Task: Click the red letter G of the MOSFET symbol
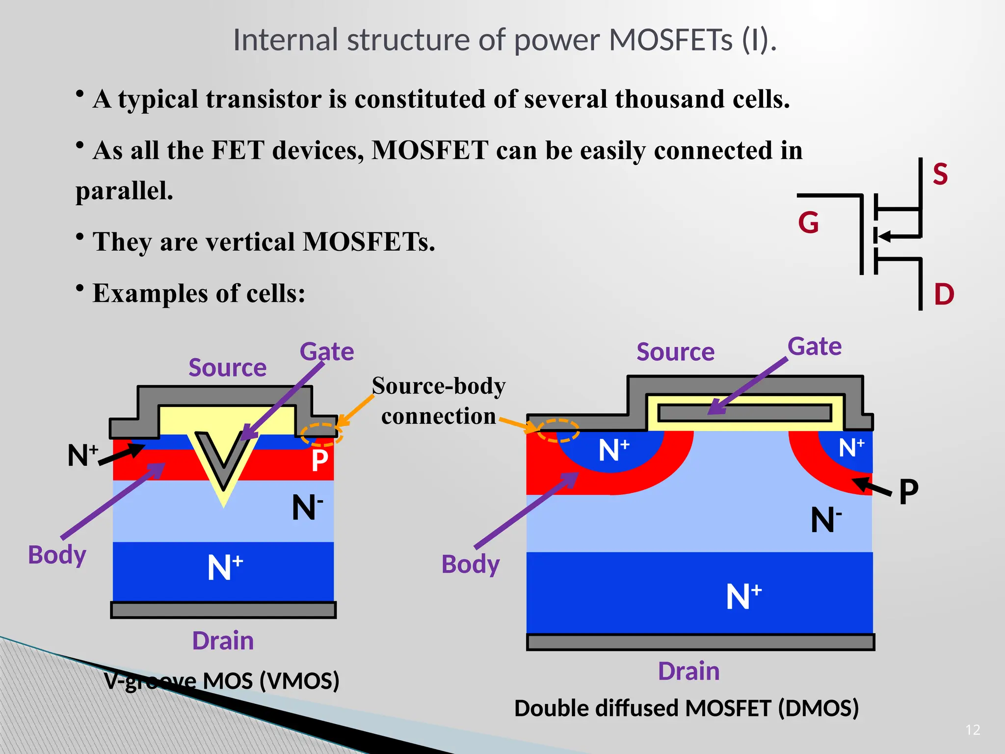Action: pos(808,222)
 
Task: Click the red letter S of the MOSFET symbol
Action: pos(940,174)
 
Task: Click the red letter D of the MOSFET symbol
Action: pos(944,295)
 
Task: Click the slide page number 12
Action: pos(973,730)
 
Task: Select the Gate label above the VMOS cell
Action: pos(327,351)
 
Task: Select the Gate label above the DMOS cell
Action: pos(815,346)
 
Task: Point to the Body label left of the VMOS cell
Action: pos(57,555)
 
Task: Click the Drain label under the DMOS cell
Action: pos(688,671)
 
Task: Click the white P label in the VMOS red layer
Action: pos(319,460)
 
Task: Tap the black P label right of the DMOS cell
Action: pos(908,491)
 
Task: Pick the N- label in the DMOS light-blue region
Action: pos(825,520)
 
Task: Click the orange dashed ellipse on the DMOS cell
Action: pos(558,431)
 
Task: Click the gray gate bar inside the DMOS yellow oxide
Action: pos(744,413)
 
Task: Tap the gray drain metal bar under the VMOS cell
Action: pos(223,610)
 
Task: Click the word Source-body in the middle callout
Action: pos(438,386)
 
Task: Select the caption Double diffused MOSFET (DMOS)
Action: pos(686,708)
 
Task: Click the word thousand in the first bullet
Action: pos(670,99)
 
